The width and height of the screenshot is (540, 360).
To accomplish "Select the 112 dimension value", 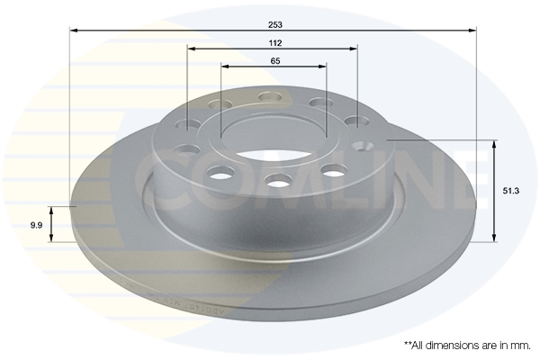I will point(274,42).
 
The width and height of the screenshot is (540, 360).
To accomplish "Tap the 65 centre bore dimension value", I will point(274,60).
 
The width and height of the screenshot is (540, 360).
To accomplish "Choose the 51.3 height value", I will point(510,191).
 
